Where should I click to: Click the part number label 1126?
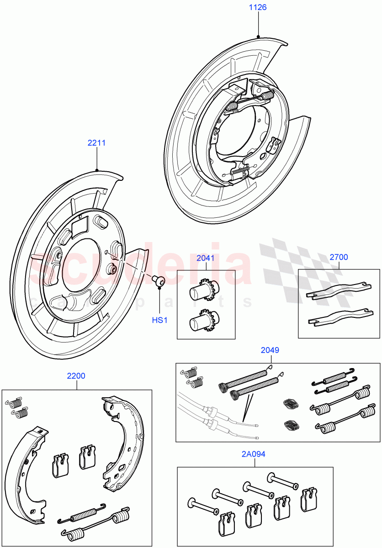pos(258,7)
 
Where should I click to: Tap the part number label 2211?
pos(96,143)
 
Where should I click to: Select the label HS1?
pos(160,320)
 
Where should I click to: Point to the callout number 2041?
pos(205,258)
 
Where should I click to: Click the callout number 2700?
pos(339,257)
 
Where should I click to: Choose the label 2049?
pos(270,350)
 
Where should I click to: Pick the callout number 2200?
pos(76,376)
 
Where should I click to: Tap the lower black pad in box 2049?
pos(291,425)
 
